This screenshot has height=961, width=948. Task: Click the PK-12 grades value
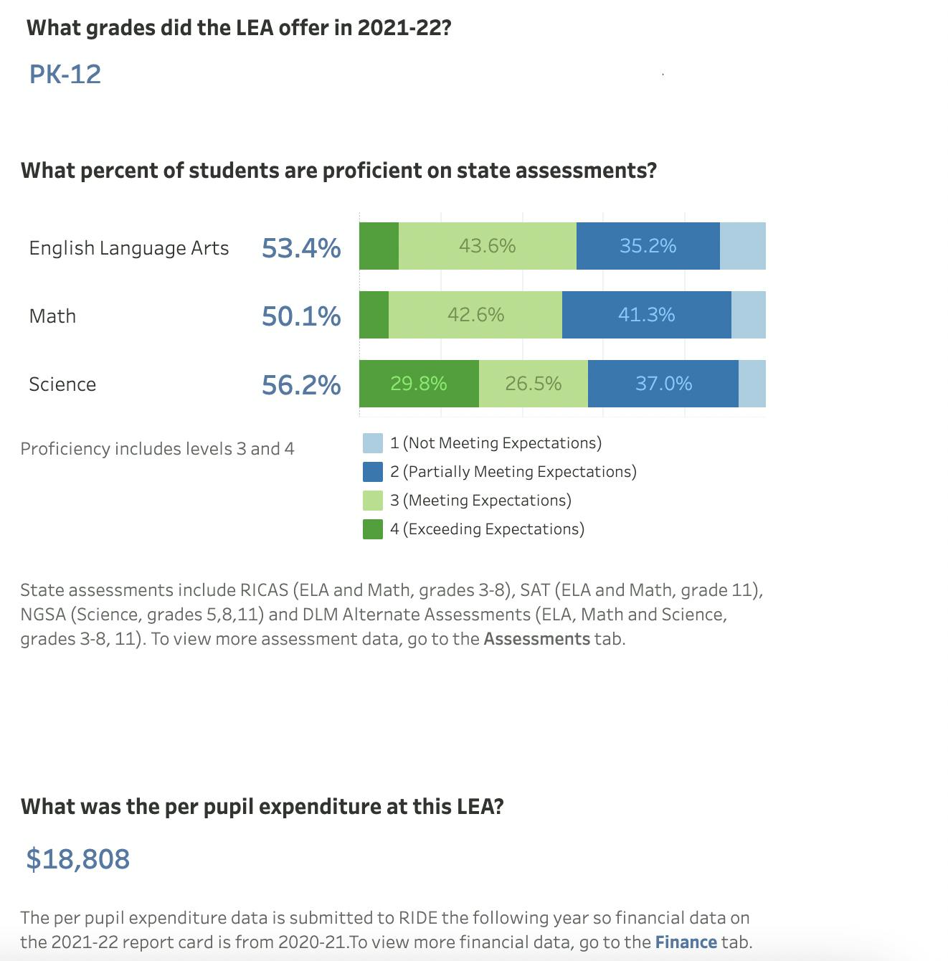tap(65, 75)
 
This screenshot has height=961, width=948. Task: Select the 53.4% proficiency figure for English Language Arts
tap(301, 247)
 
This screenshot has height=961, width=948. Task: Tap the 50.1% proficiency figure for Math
tap(301, 316)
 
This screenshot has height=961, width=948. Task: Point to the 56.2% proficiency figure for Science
tap(301, 384)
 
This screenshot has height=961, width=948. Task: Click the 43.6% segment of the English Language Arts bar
tap(488, 246)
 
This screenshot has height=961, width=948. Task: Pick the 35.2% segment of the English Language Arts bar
tap(648, 246)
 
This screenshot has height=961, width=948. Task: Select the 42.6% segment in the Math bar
tap(475, 315)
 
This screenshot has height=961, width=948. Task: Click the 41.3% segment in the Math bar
tap(646, 315)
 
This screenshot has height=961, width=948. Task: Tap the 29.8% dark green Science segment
tap(419, 384)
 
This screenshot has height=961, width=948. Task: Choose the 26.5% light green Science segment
tap(533, 384)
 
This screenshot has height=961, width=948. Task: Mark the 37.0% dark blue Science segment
tap(663, 384)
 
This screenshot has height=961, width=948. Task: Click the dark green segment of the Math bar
tap(374, 315)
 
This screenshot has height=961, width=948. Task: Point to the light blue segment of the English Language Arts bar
tap(742, 246)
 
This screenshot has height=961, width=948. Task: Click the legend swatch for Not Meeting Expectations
tap(373, 443)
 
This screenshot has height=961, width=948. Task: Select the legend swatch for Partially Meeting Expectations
tap(373, 472)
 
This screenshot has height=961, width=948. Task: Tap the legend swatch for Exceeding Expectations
tap(373, 529)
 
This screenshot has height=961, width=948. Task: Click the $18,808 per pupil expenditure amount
tap(78, 858)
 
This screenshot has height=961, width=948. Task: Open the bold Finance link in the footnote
tap(686, 942)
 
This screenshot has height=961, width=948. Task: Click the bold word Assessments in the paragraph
tap(536, 638)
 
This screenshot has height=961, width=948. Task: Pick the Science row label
tap(62, 384)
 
